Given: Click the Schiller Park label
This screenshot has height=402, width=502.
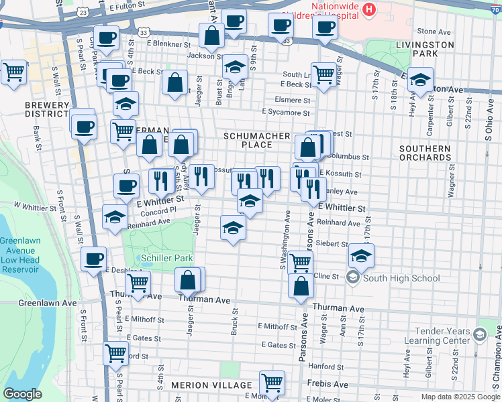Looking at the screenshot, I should pos(166,258).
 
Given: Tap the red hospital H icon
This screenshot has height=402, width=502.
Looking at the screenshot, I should pos(368,10).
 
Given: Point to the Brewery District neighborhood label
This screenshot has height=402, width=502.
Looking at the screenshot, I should pos(47,110).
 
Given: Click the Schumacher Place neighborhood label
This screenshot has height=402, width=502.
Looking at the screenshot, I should pos(256,140).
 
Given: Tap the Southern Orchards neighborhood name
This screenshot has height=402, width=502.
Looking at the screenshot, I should pos(424,153).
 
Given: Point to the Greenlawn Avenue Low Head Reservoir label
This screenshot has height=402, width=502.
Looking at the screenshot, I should pos(19,255).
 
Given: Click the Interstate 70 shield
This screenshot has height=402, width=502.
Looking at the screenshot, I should pos(495,8).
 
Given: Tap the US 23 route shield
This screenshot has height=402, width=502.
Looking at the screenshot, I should pos(82,13).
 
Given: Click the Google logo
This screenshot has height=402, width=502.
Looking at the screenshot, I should pos(22,394).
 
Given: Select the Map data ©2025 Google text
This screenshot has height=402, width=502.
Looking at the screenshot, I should pos(460,397).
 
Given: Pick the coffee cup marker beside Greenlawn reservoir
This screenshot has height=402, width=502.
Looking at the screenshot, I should pos(93,259).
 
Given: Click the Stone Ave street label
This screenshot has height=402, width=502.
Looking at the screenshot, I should pos(434,31).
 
